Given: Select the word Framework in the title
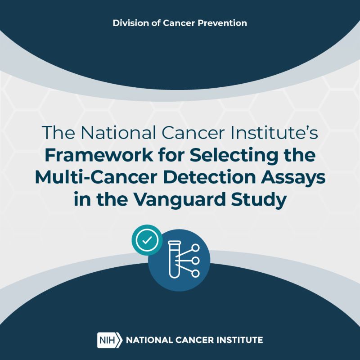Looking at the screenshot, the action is (x=99, y=155).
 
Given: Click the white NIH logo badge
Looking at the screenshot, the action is (x=110, y=340).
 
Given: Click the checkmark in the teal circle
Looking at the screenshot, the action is (x=147, y=240).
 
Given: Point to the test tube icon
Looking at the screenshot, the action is (x=175, y=260).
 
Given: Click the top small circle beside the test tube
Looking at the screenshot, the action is (x=195, y=248).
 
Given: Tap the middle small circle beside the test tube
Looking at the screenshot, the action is (x=195, y=261).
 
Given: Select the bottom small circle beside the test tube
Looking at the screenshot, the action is (x=195, y=274).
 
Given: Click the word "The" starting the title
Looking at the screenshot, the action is (x=58, y=133).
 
